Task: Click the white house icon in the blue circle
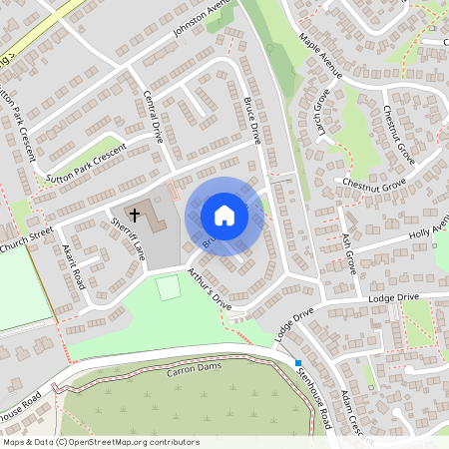pyautogui.click(x=224, y=215)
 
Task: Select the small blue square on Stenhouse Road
pyautogui.click(x=297, y=362)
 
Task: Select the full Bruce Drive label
pyautogui.click(x=251, y=121)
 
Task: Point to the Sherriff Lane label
pyautogui.click(x=129, y=239)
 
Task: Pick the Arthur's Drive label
pyautogui.click(x=209, y=289)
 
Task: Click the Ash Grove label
pyautogui.click(x=349, y=255)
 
